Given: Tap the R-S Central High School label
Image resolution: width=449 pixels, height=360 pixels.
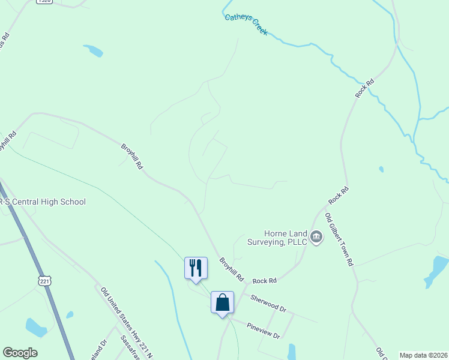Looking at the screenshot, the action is [x=43, y=202].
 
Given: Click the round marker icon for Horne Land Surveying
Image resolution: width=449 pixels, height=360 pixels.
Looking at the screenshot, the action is [x=316, y=238].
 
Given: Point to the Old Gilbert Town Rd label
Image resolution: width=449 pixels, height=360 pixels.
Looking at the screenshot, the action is [x=340, y=240].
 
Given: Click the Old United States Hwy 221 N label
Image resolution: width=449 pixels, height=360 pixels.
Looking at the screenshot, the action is [x=125, y=319].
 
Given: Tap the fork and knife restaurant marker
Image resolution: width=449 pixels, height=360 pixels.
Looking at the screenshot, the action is [x=196, y=267].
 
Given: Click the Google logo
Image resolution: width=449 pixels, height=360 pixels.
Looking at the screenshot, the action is [x=20, y=353].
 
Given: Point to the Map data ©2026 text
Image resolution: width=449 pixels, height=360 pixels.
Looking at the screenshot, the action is [x=423, y=355].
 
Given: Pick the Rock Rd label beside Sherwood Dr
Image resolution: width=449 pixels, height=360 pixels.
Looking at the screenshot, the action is [x=264, y=281].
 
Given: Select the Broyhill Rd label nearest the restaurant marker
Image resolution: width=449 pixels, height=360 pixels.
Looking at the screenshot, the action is [x=231, y=270].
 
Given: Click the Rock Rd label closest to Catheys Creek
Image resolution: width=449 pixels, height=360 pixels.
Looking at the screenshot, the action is [x=364, y=88].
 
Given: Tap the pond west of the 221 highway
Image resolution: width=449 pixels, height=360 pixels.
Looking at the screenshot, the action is [x=36, y=328].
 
